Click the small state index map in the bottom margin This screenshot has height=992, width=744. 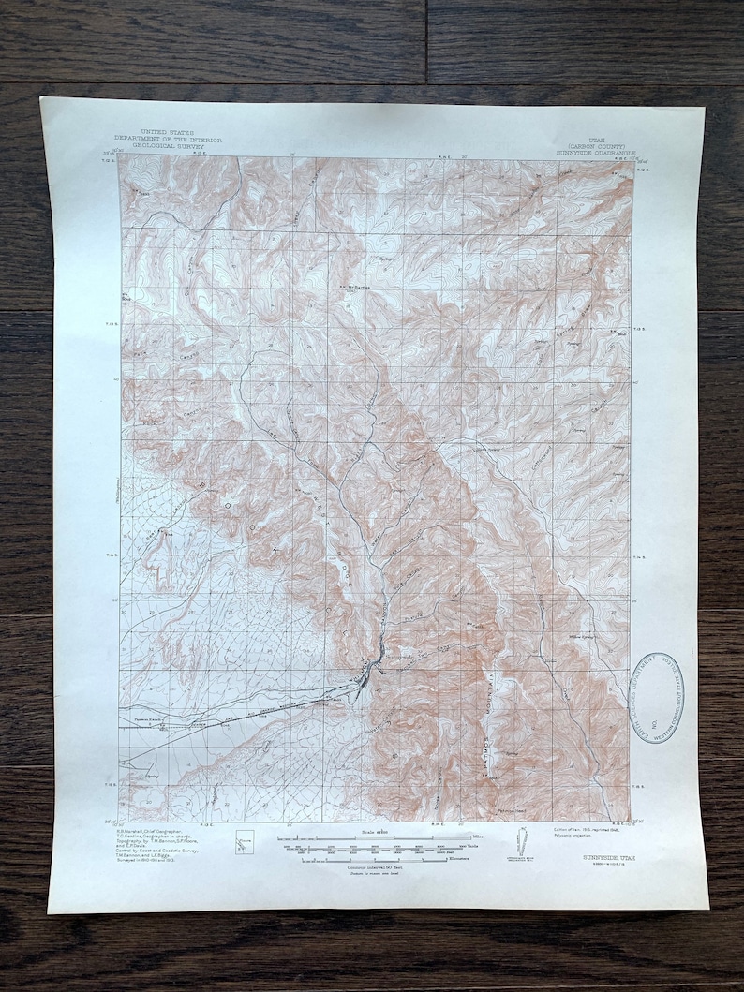(246, 843)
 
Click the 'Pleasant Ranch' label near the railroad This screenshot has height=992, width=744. (150, 718)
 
